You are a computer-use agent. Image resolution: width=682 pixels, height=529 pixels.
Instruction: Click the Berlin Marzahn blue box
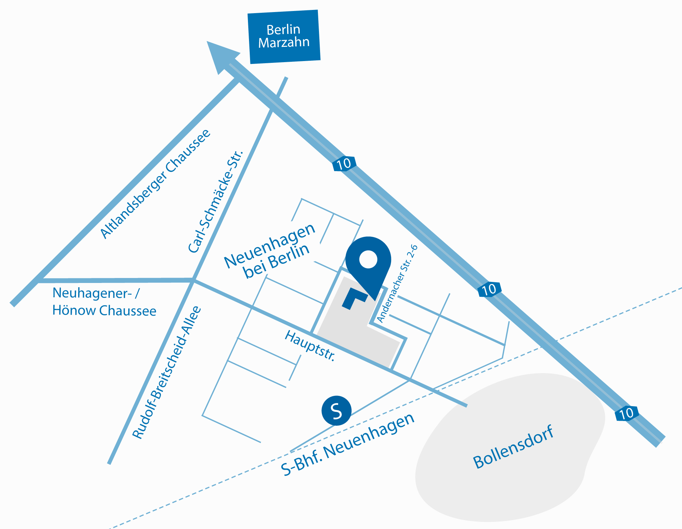point(284,37)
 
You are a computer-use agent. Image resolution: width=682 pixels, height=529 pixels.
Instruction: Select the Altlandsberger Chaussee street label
point(156,184)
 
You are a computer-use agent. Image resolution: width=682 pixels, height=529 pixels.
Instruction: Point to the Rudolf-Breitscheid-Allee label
point(167,372)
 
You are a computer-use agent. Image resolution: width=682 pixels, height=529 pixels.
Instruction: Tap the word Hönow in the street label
point(74,310)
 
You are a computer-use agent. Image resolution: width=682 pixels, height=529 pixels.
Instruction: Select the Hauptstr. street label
point(310,345)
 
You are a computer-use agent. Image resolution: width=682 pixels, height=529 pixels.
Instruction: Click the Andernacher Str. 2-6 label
point(397,284)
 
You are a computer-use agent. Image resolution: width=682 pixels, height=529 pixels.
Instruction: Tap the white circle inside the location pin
point(368,259)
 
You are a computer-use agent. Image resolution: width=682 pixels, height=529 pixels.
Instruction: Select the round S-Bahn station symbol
point(336,411)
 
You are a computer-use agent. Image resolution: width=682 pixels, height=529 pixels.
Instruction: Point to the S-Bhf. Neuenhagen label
point(347,444)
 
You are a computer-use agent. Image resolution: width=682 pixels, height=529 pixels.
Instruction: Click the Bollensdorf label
point(513,447)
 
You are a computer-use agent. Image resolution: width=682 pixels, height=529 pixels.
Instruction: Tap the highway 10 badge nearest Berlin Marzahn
point(344,164)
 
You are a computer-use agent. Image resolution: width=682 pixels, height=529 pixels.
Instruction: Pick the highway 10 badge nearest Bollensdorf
point(627,413)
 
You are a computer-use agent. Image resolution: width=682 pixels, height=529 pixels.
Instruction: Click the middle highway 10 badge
point(489,289)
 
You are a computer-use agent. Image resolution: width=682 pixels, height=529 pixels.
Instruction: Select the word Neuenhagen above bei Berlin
point(270,245)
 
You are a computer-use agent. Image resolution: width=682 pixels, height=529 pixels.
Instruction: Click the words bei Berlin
point(276,261)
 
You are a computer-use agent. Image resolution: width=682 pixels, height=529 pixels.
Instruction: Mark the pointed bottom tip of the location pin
point(375,300)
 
